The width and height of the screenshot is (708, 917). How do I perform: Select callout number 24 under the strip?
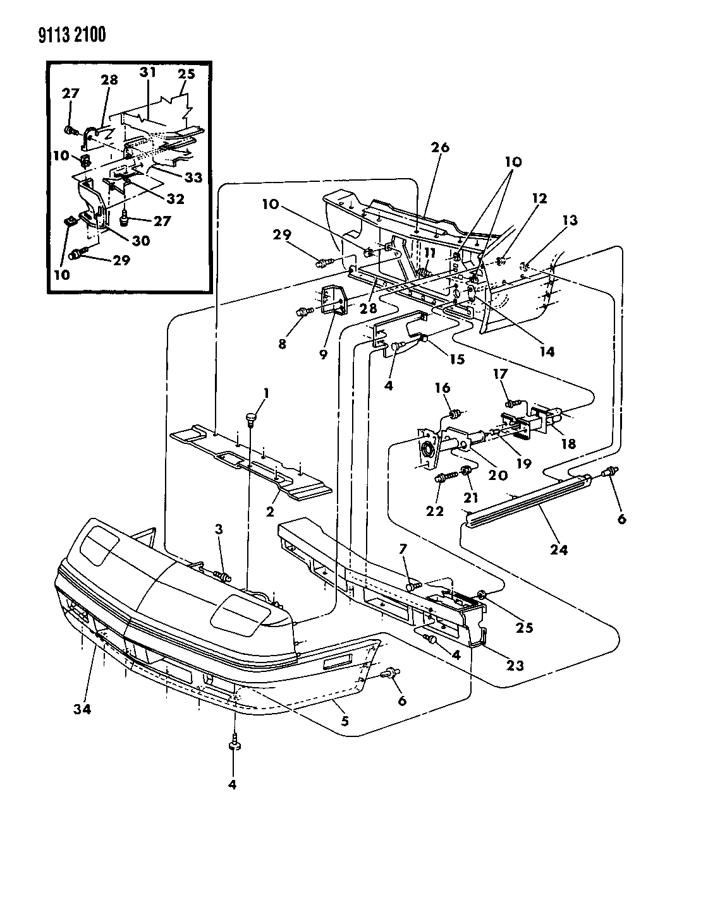(559, 549)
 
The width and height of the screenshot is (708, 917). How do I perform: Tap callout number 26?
(441, 147)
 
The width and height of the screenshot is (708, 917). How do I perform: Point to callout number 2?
(270, 511)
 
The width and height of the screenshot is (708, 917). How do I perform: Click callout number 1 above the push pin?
(266, 393)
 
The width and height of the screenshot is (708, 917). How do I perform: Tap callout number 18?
(568, 444)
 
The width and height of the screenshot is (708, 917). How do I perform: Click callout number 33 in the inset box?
(193, 177)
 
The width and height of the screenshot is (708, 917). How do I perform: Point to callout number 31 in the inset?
(148, 73)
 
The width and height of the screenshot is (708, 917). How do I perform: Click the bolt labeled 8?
(303, 311)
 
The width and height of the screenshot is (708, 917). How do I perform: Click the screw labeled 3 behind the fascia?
(223, 575)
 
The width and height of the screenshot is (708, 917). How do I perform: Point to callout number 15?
(455, 359)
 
